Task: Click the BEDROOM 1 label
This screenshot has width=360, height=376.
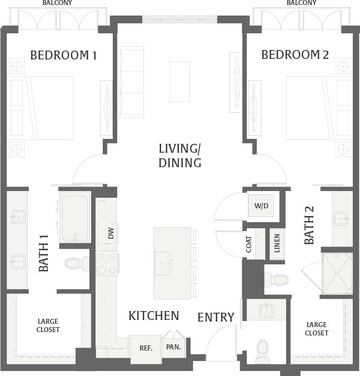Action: [63, 55]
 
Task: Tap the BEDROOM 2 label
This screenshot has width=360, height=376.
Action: [295, 55]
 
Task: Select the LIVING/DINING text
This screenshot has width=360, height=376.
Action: [179, 156]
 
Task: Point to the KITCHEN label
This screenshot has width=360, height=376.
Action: [154, 316]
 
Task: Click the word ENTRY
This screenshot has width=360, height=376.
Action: [216, 317]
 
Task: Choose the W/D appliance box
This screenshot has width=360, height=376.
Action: [261, 206]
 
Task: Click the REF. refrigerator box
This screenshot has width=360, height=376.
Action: [146, 348]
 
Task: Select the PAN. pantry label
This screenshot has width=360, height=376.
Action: [173, 347]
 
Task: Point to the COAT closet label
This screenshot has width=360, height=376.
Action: [249, 245]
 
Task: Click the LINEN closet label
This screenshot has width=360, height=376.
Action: [277, 243]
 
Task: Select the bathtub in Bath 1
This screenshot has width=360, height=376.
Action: [74, 217]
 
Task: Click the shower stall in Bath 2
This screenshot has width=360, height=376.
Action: [337, 273]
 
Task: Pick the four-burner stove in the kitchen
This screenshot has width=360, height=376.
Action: [107, 263]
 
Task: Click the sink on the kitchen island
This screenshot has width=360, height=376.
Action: [163, 259]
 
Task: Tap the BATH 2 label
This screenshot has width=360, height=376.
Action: [309, 225]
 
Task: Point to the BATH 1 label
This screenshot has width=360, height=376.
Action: [44, 253]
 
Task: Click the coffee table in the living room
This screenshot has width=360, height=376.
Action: [179, 81]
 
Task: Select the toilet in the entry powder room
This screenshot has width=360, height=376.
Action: [262, 350]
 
